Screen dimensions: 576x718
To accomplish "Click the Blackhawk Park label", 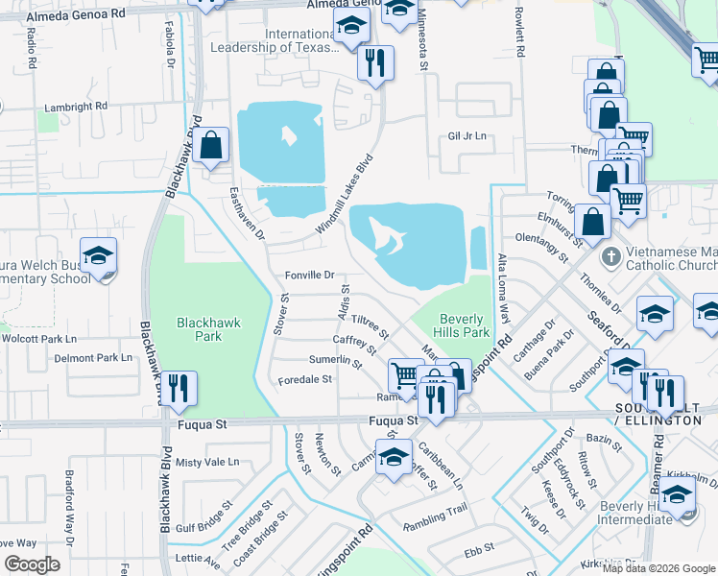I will coord(200,329).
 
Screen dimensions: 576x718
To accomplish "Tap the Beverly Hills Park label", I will coord(465,325).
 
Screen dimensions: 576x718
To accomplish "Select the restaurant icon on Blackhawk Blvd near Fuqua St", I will coord(179,389).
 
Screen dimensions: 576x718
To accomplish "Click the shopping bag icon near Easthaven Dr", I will coord(210,146).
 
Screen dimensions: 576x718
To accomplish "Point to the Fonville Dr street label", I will coord(309,276).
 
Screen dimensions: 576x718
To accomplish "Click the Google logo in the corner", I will coord(33,564).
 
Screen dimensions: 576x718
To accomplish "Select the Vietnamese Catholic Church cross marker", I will coord(609,258).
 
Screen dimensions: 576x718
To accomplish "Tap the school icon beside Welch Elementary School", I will coord(98,256).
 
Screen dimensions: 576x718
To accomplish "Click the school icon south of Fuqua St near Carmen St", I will coord(394,458).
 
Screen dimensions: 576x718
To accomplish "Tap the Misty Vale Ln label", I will coord(207,462).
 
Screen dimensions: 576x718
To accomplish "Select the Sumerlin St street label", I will coord(335,361).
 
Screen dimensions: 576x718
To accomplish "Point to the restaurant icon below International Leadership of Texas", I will coord(375,62).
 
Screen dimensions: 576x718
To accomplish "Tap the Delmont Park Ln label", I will coord(93,357).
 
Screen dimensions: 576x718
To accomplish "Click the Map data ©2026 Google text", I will coord(658,565).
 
